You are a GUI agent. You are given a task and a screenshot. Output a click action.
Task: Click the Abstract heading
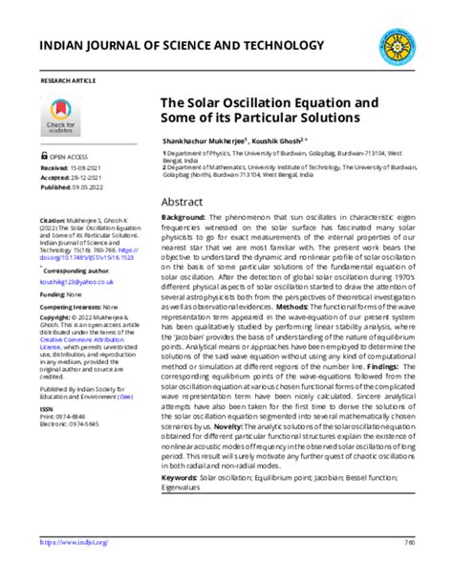[182, 203]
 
